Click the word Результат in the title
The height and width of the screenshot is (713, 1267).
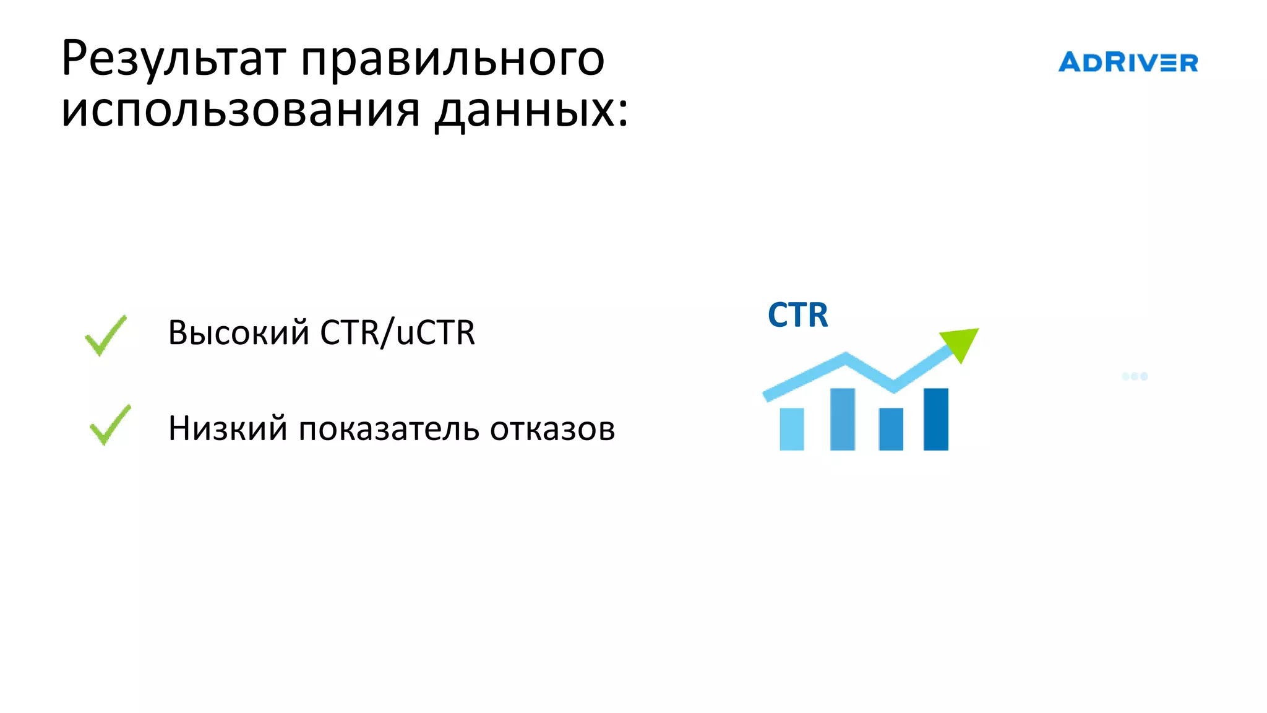[x=174, y=59]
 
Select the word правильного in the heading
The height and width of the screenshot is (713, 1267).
[x=452, y=61]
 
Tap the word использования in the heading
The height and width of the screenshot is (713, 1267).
[x=241, y=110]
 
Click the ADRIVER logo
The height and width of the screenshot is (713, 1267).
[x=1128, y=63]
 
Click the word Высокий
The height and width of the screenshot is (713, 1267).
[x=238, y=332]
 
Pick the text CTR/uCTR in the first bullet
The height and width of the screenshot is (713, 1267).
[x=397, y=332]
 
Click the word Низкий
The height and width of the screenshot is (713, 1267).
[x=228, y=428]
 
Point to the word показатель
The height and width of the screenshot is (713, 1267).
[x=389, y=428]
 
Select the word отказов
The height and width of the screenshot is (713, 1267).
[x=552, y=428]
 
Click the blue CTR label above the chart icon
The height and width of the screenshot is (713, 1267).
[x=797, y=315]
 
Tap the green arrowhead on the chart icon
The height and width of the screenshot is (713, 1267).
[x=961, y=342]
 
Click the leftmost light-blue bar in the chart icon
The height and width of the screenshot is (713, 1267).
[x=791, y=429]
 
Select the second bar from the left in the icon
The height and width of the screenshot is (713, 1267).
[x=842, y=419]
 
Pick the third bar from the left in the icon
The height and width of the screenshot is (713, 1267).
[x=891, y=429]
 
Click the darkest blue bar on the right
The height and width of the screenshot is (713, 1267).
[x=935, y=419]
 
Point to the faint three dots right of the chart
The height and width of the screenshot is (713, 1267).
[x=1135, y=376]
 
